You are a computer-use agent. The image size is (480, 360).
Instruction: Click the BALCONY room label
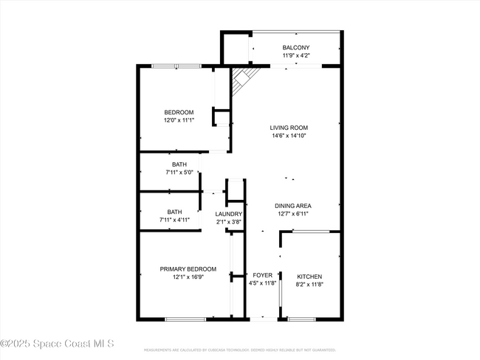tap(295, 47)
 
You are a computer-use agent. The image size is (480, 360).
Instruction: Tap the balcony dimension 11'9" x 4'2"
tap(295, 55)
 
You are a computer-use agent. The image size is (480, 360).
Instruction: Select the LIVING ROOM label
tap(288, 128)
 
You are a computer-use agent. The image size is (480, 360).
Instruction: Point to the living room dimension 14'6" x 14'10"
tap(288, 136)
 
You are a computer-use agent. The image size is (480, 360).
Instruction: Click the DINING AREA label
tap(292, 206)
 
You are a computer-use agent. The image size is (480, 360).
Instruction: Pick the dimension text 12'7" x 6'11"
tap(292, 214)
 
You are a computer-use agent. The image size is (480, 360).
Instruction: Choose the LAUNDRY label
tap(229, 214)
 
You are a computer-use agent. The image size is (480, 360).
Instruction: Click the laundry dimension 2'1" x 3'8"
tap(229, 222)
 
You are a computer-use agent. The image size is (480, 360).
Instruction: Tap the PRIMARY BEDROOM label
tap(188, 269)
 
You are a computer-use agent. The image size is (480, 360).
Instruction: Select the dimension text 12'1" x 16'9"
tap(188, 277)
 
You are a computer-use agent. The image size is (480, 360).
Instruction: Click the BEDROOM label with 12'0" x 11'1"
tap(179, 112)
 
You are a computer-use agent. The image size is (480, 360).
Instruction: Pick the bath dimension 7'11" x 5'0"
tap(179, 172)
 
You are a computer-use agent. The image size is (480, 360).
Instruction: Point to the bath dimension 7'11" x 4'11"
tap(174, 220)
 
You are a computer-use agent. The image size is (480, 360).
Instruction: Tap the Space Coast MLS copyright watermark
tap(57, 344)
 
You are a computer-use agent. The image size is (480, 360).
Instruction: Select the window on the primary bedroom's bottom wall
tap(185, 319)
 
